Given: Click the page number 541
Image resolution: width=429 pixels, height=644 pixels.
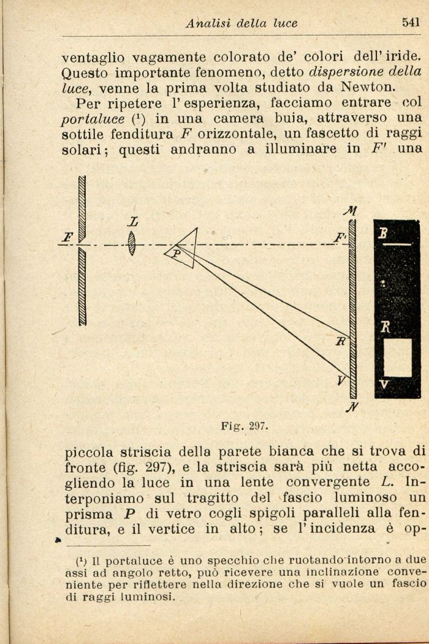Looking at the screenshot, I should click(411, 23).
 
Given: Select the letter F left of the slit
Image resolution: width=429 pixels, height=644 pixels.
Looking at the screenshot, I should click(68, 236).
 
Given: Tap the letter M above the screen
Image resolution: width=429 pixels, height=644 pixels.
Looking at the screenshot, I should click(351, 212).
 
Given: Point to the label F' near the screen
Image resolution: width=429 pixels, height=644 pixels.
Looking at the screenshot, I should click(339, 237).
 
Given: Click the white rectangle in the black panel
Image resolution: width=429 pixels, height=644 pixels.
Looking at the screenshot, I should click(397, 357).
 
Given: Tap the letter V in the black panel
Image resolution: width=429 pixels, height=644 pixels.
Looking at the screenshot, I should click(384, 384).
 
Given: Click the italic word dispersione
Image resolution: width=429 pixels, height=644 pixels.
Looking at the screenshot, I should click(344, 70).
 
